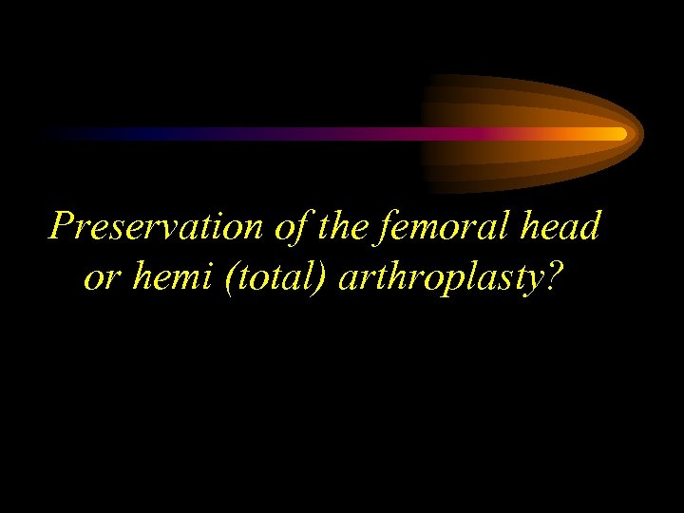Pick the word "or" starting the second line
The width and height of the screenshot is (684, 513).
coord(99,277)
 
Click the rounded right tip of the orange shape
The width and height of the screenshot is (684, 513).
coord(640,133)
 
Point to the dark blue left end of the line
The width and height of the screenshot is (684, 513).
coord(57,134)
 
